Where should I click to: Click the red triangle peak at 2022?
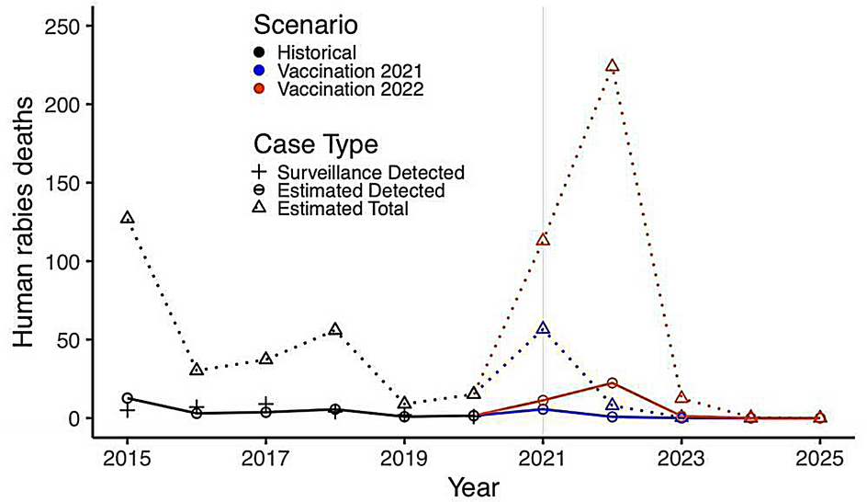(x=612, y=66)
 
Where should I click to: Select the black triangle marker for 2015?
(x=128, y=218)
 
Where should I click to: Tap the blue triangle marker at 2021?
(x=543, y=328)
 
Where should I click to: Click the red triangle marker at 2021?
(x=543, y=240)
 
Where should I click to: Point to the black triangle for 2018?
(x=335, y=330)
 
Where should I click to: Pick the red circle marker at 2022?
(x=612, y=383)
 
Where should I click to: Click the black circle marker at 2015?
(x=128, y=398)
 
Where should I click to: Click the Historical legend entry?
(x=317, y=52)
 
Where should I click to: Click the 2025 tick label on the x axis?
(x=820, y=457)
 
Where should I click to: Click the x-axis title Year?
(x=474, y=485)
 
